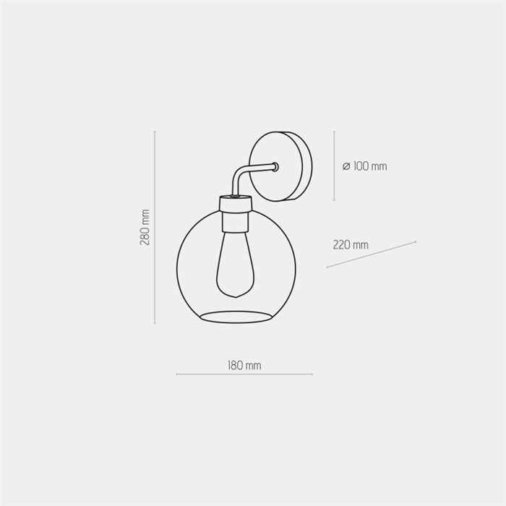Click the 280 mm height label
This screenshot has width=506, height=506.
coord(145,227)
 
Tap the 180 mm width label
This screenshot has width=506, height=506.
coord(244,366)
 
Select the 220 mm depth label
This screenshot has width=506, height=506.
coord(351,244)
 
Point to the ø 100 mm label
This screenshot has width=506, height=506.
coord(364,166)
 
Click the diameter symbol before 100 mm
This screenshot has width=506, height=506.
coord(346,166)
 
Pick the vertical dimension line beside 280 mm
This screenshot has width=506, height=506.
coord(155,227)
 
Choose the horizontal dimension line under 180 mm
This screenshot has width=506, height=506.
coord(244,374)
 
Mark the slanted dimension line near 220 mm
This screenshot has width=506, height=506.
coord(371,254)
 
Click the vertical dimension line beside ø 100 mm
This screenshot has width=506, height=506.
coord(334,166)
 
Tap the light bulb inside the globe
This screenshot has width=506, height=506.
coord(236,265)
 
